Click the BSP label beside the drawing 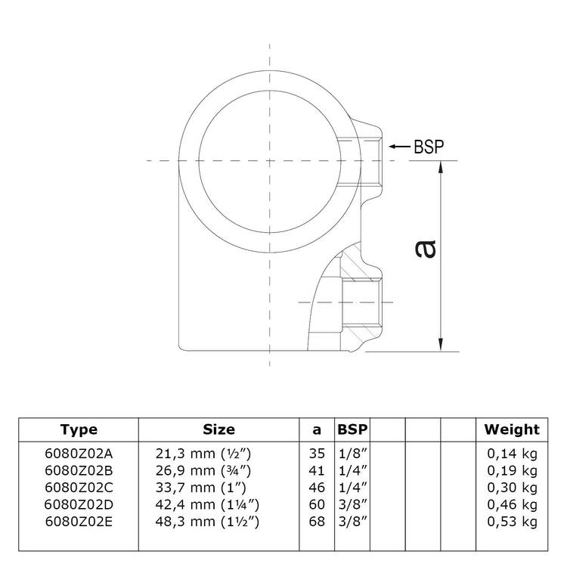429,147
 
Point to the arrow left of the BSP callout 400,147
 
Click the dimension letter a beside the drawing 425,249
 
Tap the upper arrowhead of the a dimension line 441,168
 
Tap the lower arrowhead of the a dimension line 441,344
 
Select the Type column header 79,430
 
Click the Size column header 218,429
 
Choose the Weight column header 512,429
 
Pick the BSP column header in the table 352,429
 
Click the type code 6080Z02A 79,454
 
